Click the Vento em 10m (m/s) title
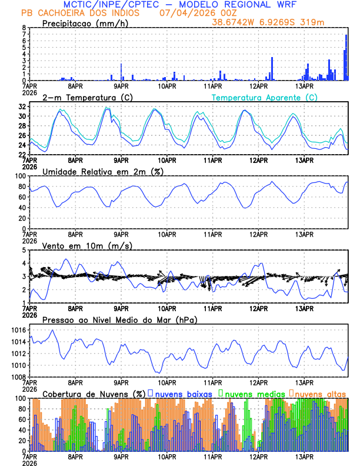click(x=87, y=245)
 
